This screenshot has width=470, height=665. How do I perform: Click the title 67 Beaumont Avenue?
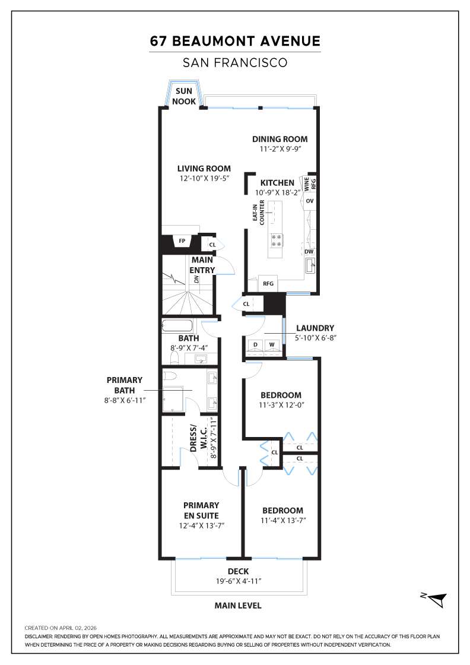(x=235, y=42)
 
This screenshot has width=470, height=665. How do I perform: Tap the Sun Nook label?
(x=184, y=96)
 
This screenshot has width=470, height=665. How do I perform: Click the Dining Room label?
(x=280, y=139)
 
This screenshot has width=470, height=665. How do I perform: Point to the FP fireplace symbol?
(x=182, y=241)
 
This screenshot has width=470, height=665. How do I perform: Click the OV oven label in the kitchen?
(x=309, y=201)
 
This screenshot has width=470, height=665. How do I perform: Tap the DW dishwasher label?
(x=309, y=252)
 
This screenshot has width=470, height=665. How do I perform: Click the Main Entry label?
(x=202, y=265)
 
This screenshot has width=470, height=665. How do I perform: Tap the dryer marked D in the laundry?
(x=255, y=344)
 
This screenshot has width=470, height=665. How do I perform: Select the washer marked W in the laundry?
(x=272, y=344)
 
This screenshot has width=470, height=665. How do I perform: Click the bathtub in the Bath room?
(x=177, y=326)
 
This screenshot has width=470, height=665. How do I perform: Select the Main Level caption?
(x=237, y=606)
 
